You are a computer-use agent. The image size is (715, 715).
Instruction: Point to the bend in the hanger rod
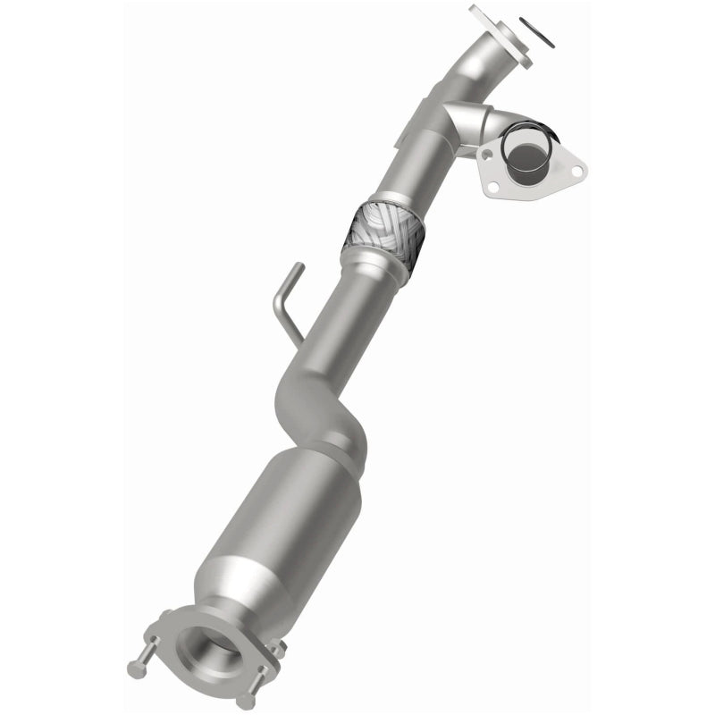280,308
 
